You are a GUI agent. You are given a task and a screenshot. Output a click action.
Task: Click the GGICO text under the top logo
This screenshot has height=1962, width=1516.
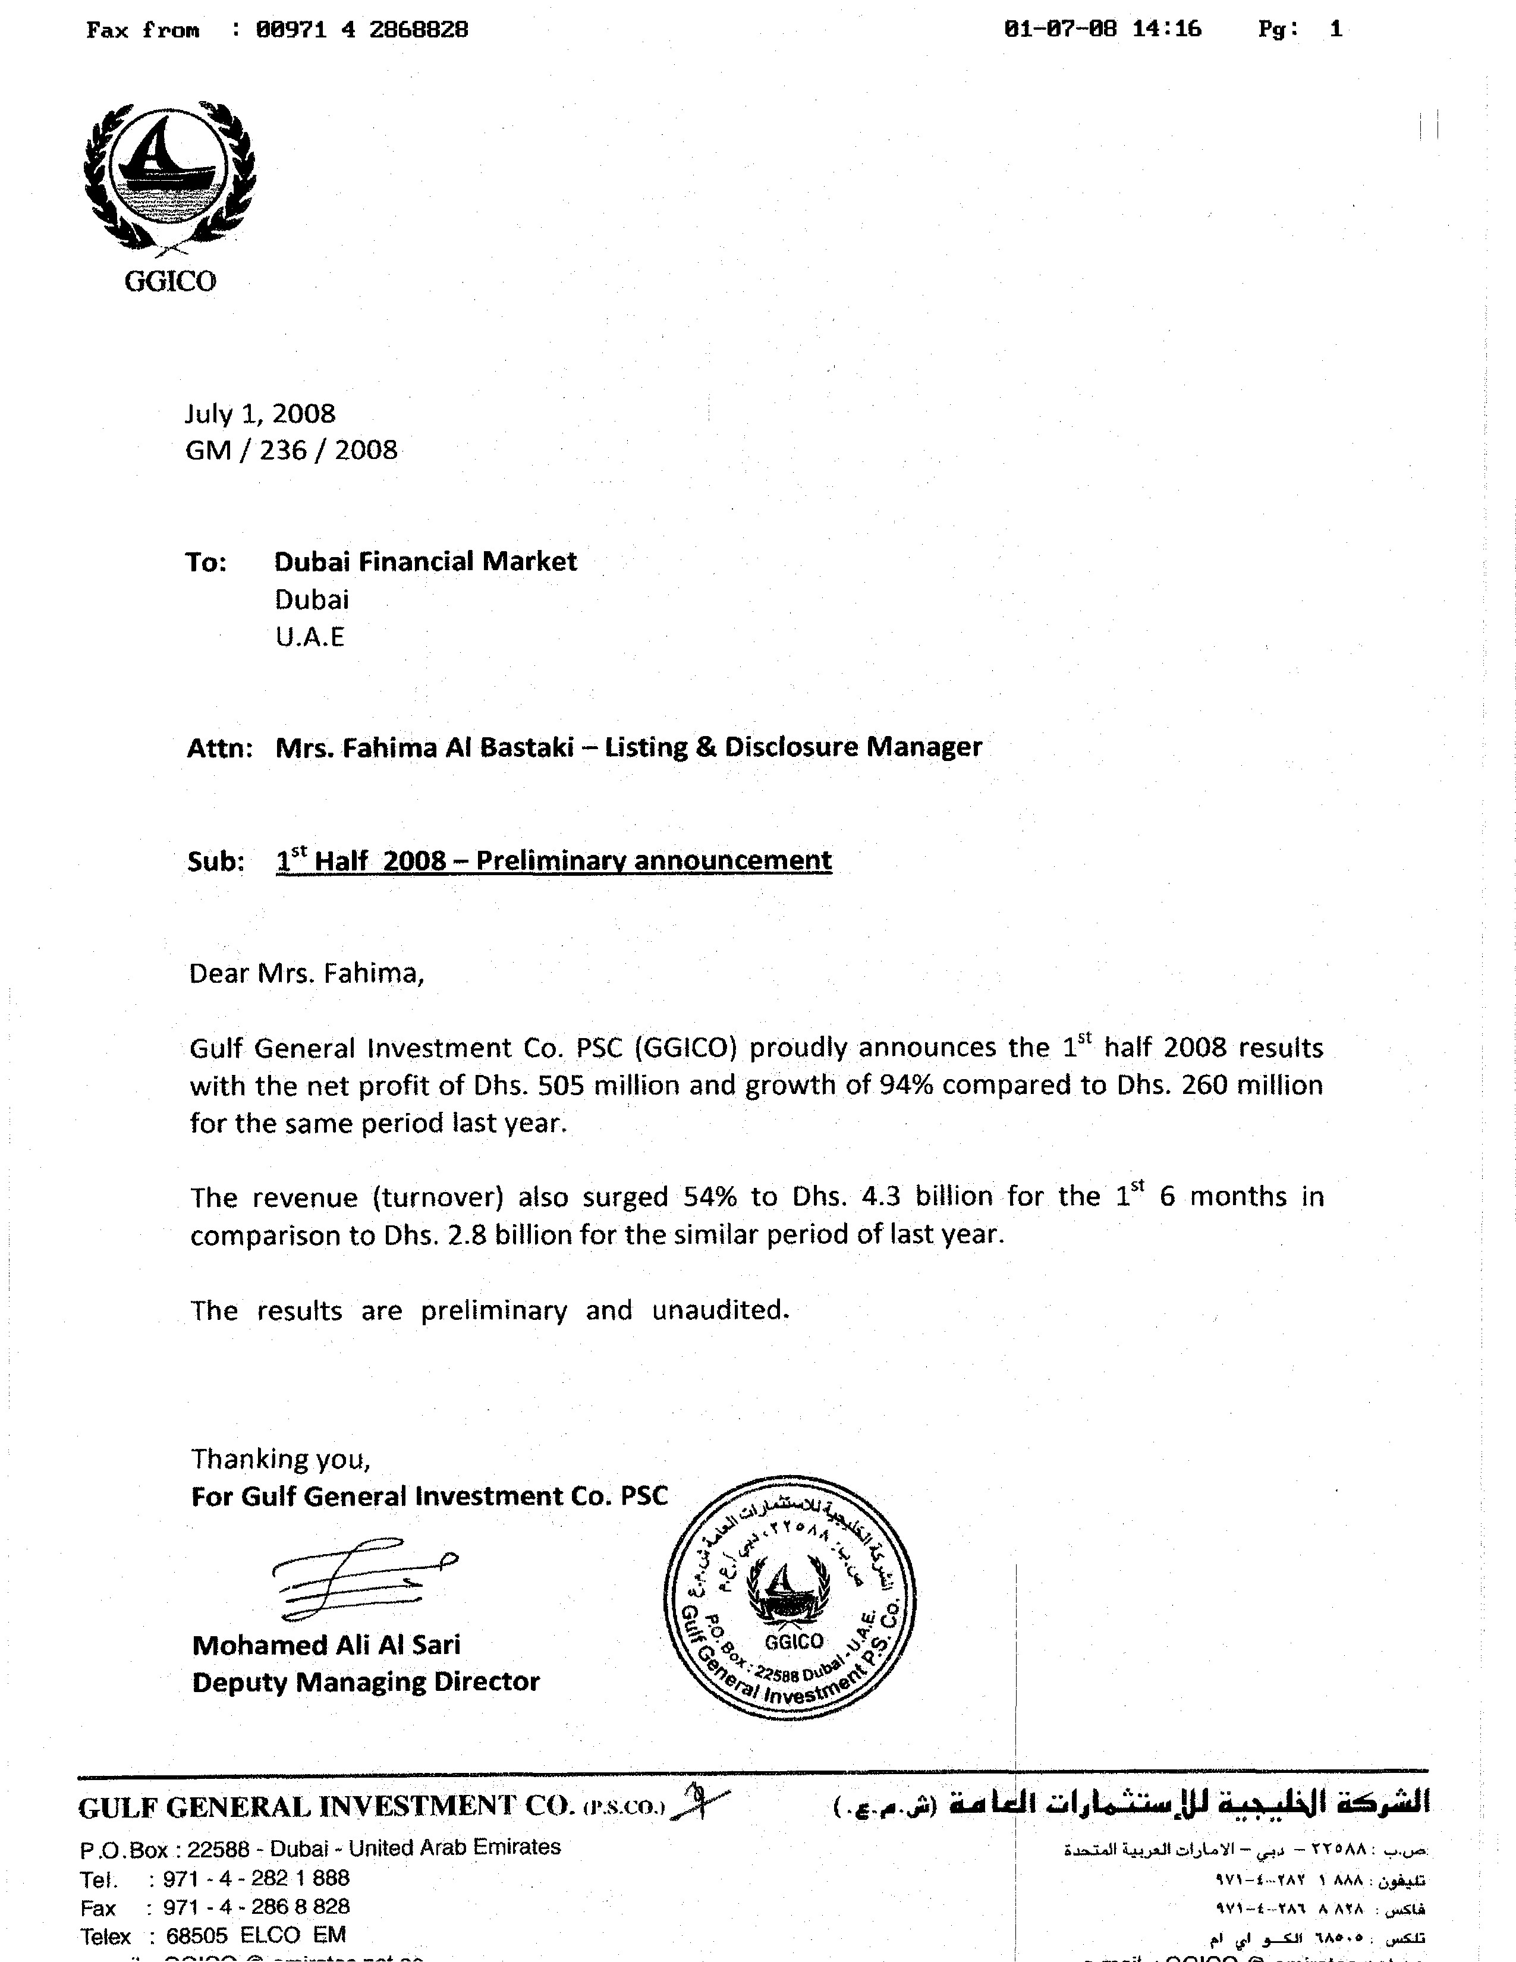tap(170, 281)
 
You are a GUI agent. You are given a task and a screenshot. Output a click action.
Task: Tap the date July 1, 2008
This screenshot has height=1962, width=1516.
tap(260, 413)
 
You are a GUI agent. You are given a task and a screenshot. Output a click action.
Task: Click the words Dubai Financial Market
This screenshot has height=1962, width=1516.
tap(425, 561)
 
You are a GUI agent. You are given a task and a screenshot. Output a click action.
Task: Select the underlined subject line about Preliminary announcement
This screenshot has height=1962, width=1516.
tap(554, 861)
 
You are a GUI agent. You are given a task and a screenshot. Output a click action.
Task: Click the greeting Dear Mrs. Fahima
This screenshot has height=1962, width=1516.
tap(306, 974)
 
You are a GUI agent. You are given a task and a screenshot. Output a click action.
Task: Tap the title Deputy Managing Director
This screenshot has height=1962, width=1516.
tap(366, 1682)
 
